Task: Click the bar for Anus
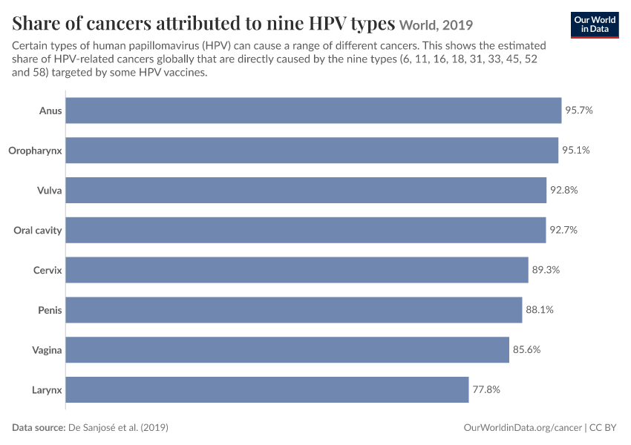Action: [313, 111]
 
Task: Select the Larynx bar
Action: [267, 389]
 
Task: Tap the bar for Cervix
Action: [297, 270]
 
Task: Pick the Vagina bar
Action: [287, 350]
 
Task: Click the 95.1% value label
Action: [576, 151]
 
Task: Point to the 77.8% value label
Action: [486, 389]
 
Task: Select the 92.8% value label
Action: [563, 190]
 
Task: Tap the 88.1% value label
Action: [540, 310]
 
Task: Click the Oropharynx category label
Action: [35, 151]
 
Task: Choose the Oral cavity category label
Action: [38, 231]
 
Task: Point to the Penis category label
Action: [50, 310]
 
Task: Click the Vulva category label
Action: [50, 190]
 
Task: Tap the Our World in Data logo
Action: [595, 25]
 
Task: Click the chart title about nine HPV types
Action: [203, 23]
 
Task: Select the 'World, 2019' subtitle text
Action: [437, 25]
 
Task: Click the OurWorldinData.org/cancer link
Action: [523, 428]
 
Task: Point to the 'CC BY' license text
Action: [603, 428]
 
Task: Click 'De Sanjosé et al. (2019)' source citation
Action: [118, 427]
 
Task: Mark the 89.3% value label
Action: [546, 270]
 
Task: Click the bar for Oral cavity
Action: [306, 230]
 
